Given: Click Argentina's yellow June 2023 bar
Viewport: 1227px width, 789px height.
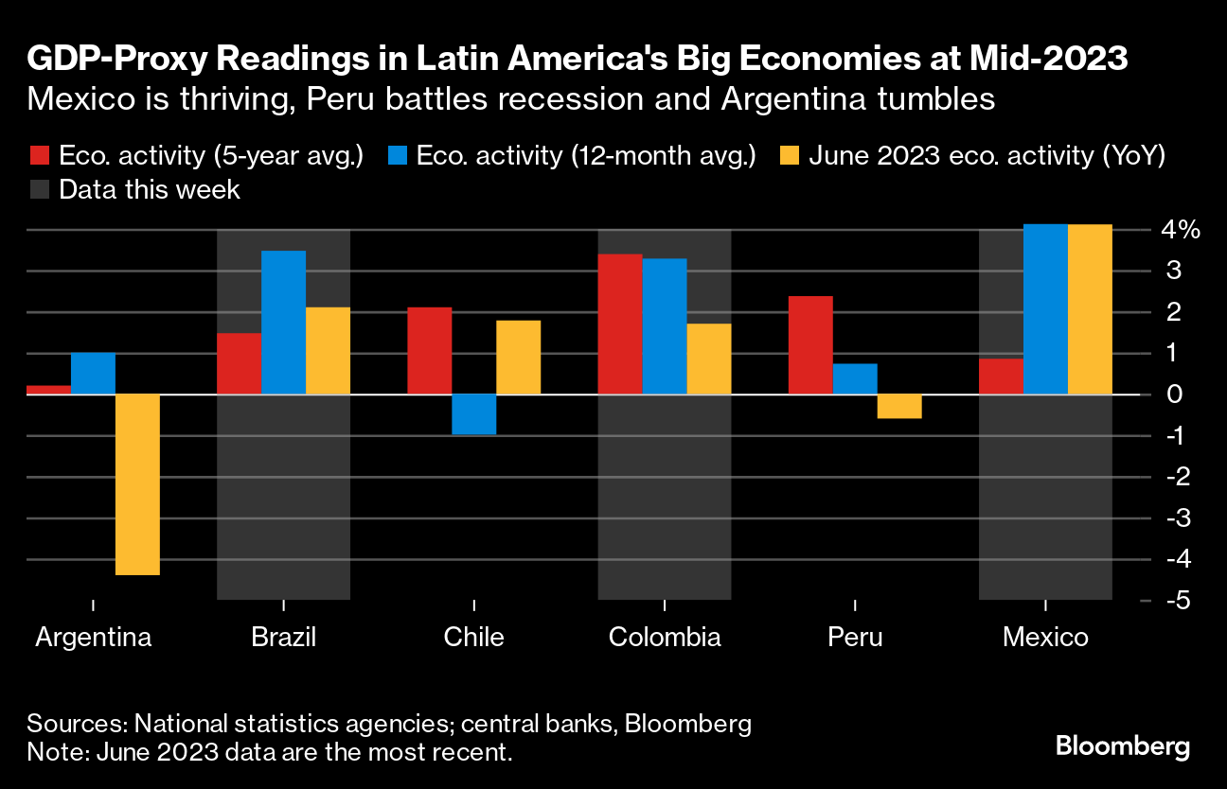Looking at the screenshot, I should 137,483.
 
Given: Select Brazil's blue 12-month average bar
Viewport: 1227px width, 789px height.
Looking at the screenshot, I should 283,322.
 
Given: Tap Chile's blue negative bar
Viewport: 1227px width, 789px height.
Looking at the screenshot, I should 473,414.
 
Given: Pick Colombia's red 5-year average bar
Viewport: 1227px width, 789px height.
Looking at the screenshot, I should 619,324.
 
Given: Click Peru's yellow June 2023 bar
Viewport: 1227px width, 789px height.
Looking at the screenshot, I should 898,406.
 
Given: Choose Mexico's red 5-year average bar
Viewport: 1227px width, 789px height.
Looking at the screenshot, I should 1000,376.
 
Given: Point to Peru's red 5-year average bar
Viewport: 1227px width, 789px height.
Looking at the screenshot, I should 809,344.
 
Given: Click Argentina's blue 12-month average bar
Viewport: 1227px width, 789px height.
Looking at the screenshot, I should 93,373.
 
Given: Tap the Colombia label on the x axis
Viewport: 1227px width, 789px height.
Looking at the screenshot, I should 665,637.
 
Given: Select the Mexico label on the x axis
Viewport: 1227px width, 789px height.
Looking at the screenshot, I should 1045,637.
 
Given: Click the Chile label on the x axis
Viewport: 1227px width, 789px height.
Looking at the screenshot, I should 473,637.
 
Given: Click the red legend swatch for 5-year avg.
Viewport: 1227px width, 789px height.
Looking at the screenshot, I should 39,156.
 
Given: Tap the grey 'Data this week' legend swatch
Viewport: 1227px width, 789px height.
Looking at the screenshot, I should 39,189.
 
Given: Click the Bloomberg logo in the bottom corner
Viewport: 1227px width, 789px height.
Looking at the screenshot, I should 1122,746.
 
